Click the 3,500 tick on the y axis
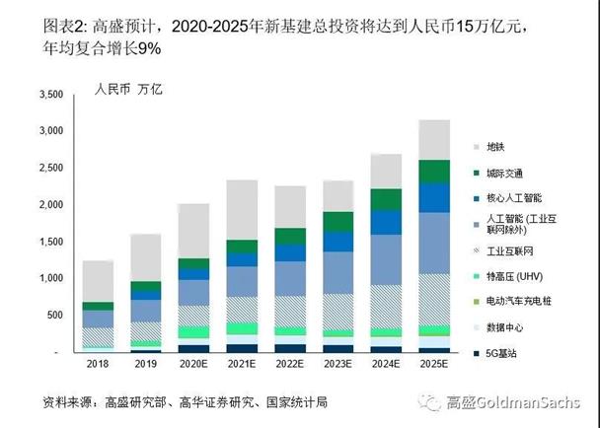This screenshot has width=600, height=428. [x=48, y=94]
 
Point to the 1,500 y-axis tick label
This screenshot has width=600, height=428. [x=48, y=242]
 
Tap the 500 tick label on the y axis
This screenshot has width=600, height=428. [x=54, y=316]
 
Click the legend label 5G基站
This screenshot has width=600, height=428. [x=517, y=352]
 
